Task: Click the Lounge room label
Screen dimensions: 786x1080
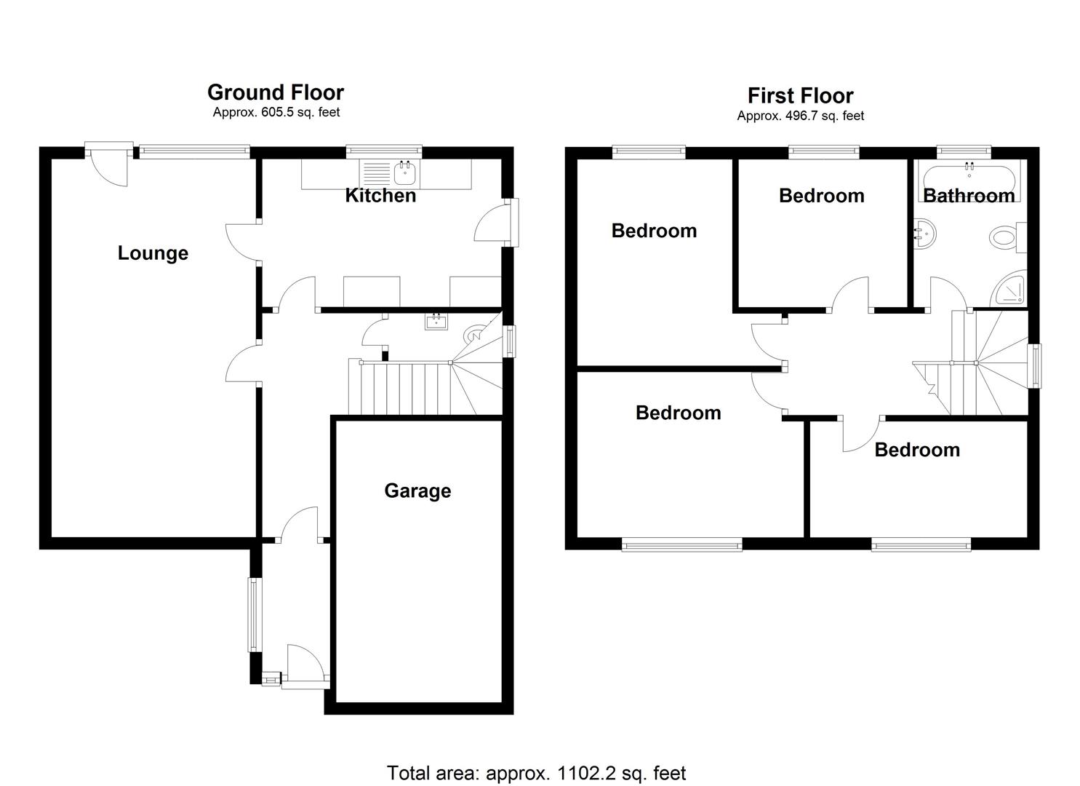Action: [153, 253]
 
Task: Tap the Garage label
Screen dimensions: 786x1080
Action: [417, 491]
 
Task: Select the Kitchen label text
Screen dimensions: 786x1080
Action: [380, 195]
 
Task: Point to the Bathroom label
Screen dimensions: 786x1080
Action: [969, 195]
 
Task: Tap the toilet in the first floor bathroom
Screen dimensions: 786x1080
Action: [1006, 238]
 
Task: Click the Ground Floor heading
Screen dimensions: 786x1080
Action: [276, 92]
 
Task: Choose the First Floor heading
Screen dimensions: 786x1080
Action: [800, 95]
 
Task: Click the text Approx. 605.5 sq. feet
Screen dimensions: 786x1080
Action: [276, 112]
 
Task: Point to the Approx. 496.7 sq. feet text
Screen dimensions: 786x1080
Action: [800, 116]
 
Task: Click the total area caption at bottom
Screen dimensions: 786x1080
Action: [536, 773]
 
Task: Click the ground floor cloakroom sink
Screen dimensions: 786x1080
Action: [436, 322]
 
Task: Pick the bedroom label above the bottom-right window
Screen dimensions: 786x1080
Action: [916, 450]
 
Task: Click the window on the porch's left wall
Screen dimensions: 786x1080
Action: [254, 614]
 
